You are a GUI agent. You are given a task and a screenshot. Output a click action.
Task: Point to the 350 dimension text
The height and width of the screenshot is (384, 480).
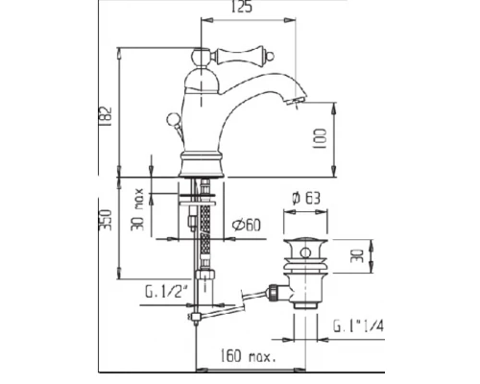[108, 222]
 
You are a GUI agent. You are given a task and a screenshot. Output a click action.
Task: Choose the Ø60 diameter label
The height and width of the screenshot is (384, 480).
[248, 226]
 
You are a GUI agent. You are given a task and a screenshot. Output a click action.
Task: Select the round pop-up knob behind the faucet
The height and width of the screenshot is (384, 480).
[174, 120]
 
